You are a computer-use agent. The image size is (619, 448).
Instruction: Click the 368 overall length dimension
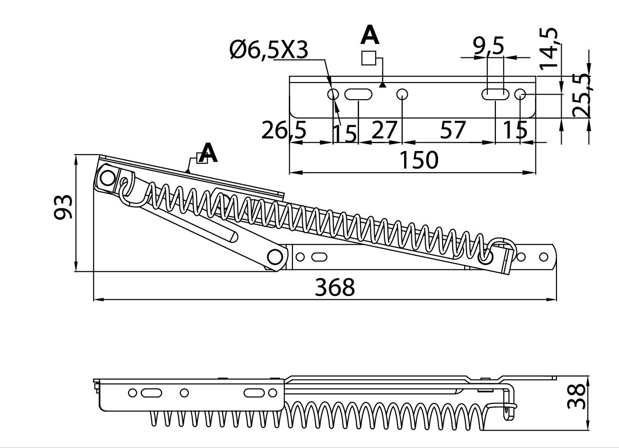[335, 287]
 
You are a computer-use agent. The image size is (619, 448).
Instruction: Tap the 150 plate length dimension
[418, 160]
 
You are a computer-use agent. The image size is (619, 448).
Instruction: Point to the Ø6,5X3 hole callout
[269, 50]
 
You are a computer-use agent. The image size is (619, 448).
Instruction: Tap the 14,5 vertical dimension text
[549, 48]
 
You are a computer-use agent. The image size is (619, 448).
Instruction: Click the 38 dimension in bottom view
[577, 396]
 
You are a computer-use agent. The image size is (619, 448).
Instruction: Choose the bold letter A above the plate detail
[370, 35]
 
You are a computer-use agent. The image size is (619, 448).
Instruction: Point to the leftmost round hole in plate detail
[333, 95]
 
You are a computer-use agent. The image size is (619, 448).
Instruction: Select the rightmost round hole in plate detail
[520, 95]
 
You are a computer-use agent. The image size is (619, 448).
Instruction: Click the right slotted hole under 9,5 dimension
[495, 95]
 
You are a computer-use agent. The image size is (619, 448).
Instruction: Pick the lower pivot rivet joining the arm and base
[275, 257]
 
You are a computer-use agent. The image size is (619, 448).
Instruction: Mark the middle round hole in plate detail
[402, 95]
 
